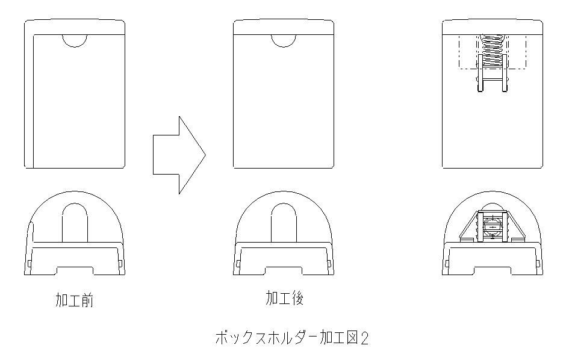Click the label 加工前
tap(75, 300)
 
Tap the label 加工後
tap(284, 298)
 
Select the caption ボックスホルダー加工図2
tap(292, 338)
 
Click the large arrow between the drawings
tap(179, 155)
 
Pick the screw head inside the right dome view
tap(493, 227)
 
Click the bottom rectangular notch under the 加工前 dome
tap(75, 268)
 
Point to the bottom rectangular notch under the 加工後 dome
tap(284, 268)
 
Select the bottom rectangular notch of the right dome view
tap(493, 268)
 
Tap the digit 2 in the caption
tap(364, 338)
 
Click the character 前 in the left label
tap(88, 300)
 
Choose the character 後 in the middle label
tap(297, 298)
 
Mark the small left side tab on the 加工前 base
tap(30, 262)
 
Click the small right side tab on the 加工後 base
tap(329, 262)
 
